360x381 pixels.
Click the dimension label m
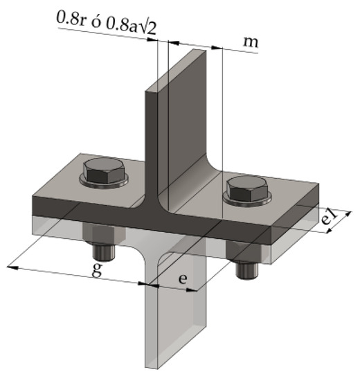252,42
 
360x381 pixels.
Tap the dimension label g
98,269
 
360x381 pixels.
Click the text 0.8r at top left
70,19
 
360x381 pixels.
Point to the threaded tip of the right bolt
246,272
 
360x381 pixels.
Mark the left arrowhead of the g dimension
12,265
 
